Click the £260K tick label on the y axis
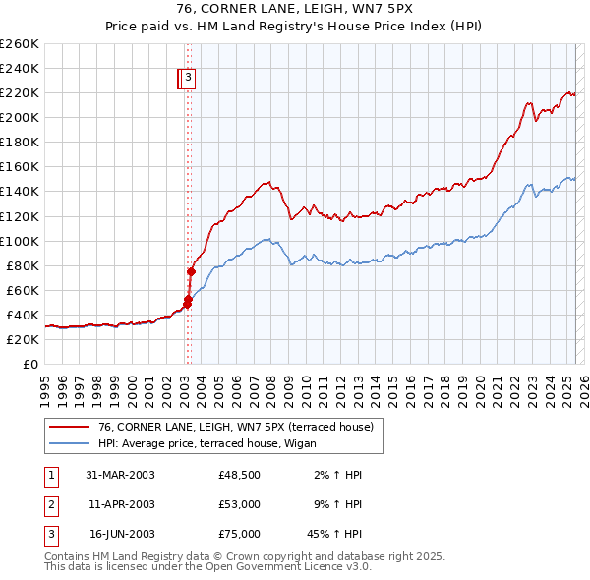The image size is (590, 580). click(x=20, y=43)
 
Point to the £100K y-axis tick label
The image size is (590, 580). click(x=20, y=241)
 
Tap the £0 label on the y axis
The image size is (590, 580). click(x=30, y=364)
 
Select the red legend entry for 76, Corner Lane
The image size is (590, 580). click(x=235, y=427)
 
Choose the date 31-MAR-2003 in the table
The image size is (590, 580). click(x=121, y=475)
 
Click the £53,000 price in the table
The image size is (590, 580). click(x=240, y=505)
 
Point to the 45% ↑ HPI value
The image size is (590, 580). click(x=333, y=535)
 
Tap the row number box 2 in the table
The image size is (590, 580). click(x=50, y=505)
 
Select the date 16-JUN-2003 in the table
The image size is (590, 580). click(x=121, y=535)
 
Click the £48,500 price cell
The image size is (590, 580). click(x=240, y=475)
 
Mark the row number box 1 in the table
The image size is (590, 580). click(x=50, y=475)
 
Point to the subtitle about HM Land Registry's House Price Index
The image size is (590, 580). click(x=294, y=28)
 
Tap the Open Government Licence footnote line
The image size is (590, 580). click(x=207, y=567)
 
